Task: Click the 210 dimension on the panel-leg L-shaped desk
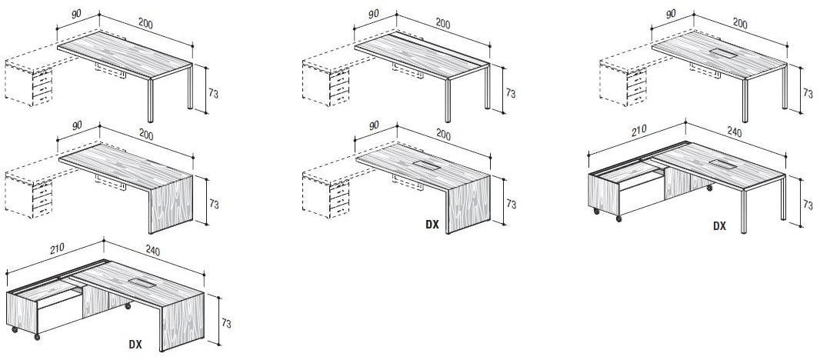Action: coord(56,248)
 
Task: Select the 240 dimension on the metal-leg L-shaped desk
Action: coord(735,132)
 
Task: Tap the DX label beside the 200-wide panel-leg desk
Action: coord(432,225)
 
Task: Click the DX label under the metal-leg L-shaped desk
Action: coord(719,226)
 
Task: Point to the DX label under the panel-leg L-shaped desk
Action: coord(135,345)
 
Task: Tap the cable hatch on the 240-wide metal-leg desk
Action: coord(723,165)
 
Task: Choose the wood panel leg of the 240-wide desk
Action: coord(182,322)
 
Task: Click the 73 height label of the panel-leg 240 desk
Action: coord(226,324)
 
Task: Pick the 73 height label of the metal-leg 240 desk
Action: coord(808,205)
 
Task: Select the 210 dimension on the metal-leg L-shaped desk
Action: coord(638,129)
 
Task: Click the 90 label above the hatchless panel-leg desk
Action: coord(77,126)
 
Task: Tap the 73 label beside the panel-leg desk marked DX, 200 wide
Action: coord(511,204)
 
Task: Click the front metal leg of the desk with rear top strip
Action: coord(448,101)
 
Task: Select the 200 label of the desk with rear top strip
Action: coord(443,24)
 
